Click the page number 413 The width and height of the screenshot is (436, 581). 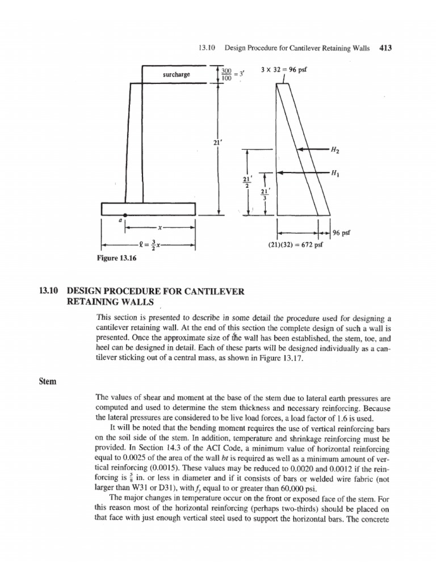pos(386,48)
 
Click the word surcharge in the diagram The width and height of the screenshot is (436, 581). pos(177,74)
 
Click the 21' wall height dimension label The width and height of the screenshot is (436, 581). pos(216,143)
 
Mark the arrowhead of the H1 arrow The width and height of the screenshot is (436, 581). pos(282,172)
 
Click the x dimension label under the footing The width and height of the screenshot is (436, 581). pos(161,228)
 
